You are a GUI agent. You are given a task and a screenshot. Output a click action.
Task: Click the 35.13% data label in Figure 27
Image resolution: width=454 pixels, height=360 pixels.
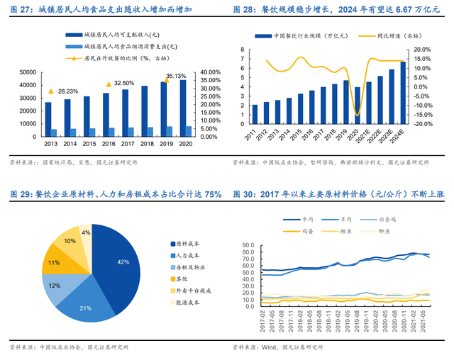(x=176, y=76)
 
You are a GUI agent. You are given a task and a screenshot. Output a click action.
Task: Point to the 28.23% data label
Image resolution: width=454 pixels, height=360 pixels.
(x=68, y=91)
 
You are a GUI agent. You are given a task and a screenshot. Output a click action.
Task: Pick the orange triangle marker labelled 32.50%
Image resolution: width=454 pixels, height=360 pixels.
(x=109, y=84)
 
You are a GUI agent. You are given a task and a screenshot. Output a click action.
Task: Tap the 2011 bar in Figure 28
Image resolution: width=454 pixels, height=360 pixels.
(x=255, y=115)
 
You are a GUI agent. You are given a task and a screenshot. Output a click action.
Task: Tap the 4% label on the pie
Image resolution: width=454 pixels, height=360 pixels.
(x=85, y=232)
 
